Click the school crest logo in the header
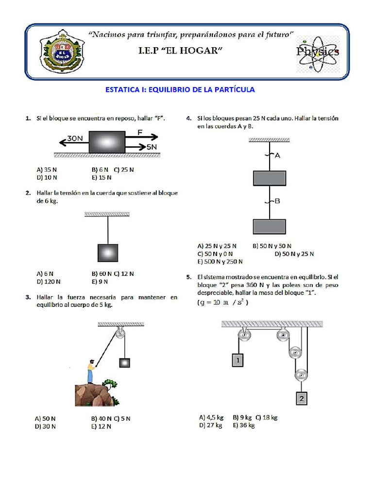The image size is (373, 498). coord(61,52)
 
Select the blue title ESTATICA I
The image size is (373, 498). coord(180,89)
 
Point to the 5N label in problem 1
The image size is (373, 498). coord(151,146)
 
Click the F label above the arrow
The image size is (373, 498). coord(140,132)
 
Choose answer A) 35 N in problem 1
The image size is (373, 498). coord(47,170)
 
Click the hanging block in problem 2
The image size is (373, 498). coord(107,253)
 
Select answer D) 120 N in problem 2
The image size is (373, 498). coord(49,281)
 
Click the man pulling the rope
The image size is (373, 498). coord(90,372)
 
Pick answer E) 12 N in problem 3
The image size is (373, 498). coord(102,427)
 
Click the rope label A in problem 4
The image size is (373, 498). coord(277,156)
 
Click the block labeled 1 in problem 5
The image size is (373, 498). coord(237,360)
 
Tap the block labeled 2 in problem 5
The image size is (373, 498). coord(301,399)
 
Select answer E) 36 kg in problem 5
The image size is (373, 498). coord(244,425)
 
